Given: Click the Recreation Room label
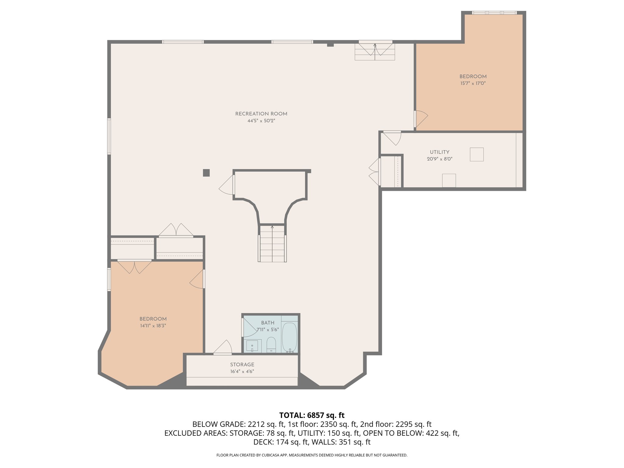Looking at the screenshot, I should point(261,114).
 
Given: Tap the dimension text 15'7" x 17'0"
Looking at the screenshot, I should point(473,83).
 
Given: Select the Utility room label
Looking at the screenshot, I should point(439,152).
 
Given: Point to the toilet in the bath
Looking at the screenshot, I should point(271,344).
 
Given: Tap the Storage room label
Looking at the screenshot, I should point(242,364).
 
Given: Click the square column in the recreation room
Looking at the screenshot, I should point(206,173).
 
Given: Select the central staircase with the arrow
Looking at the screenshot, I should point(272,244).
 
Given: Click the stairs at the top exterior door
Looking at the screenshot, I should point(375,52).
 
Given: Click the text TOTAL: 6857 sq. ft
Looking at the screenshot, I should point(312,415).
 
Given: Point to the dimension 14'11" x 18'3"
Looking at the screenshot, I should point(153,326).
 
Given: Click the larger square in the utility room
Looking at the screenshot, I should point(477,154).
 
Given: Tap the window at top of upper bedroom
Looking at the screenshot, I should point(494,13).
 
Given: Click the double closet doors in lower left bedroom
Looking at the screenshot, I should point(134,267).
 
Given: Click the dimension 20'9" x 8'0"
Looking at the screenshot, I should point(439,159).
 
